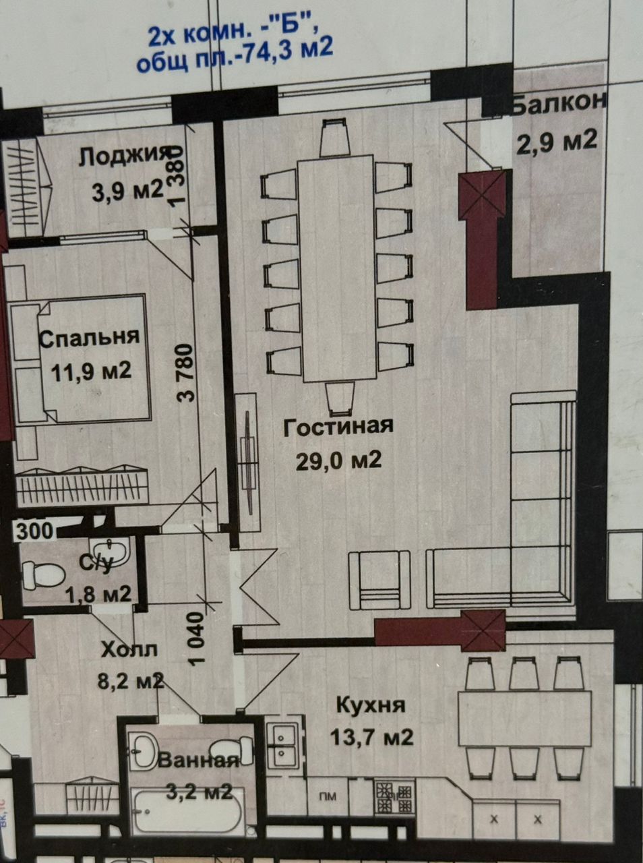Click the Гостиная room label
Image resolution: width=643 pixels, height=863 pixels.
click(338, 426)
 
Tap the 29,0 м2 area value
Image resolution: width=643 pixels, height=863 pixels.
click(338, 460)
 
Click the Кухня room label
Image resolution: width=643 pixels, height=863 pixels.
click(371, 705)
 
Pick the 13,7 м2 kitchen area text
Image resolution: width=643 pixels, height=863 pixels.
click(371, 737)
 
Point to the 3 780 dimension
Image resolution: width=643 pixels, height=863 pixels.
click(185, 372)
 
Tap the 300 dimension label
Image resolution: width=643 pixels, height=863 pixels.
click(34, 531)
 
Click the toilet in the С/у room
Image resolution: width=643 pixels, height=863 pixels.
click(43, 575)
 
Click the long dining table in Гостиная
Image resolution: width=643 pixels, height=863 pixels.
click(337, 268)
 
